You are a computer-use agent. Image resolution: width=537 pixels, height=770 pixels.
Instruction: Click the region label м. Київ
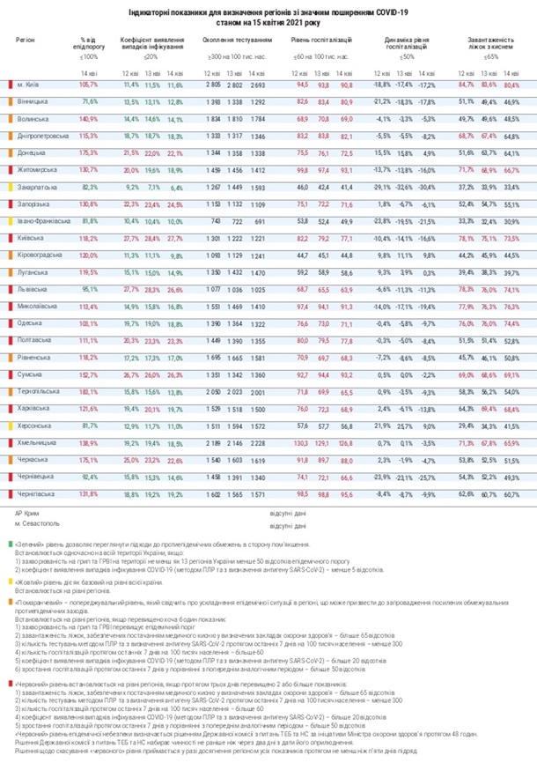[x=28, y=85]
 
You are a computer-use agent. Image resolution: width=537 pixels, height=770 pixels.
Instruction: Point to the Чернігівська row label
[x=36, y=495]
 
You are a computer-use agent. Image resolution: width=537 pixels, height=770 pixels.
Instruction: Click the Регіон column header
[x=26, y=41]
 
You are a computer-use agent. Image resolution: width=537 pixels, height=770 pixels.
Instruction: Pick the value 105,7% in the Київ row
[x=88, y=85]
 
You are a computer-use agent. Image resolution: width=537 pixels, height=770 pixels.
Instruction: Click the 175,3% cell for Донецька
[x=88, y=153]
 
